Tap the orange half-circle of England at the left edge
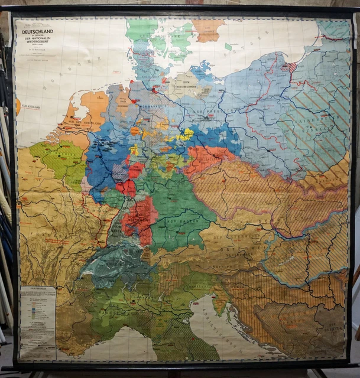coord(18,106)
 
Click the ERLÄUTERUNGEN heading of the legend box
coord(37,290)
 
